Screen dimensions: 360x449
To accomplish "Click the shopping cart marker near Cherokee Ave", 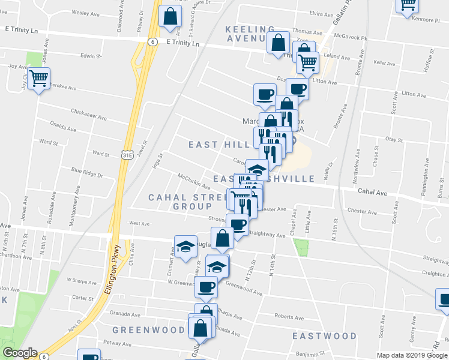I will click(39, 78).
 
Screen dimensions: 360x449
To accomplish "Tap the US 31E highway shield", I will click(127, 155).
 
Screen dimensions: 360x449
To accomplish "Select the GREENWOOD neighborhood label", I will click(148, 330).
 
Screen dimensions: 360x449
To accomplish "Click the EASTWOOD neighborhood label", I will click(324, 336).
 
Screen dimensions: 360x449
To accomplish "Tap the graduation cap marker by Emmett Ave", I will click(186, 246).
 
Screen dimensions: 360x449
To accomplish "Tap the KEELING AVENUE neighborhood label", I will click(250, 34).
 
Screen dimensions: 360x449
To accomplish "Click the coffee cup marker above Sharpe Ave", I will click(207, 287).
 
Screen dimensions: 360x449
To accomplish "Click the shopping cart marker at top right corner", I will click(407, 5).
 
